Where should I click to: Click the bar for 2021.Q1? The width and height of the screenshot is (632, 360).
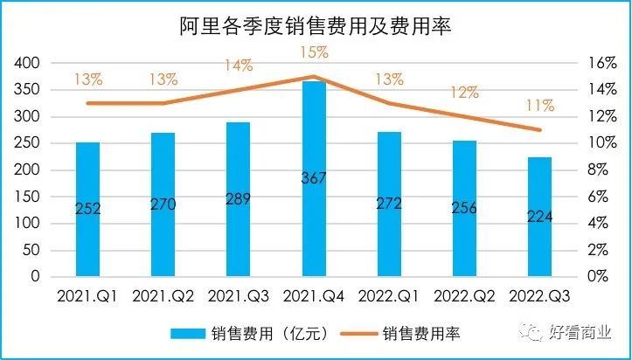pyautogui.click(x=87, y=209)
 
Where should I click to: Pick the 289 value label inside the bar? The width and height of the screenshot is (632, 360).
pyautogui.click(x=239, y=198)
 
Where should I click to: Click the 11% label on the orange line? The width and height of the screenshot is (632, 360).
pyautogui.click(x=539, y=106)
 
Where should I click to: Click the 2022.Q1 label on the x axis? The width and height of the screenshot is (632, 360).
pyautogui.click(x=389, y=297)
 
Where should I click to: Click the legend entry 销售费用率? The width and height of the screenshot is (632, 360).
pyautogui.click(x=420, y=333)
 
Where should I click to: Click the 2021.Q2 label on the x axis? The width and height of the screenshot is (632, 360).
pyautogui.click(x=163, y=297)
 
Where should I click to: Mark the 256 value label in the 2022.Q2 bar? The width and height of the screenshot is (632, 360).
pyautogui.click(x=464, y=208)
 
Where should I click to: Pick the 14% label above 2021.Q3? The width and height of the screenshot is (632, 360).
pyautogui.click(x=237, y=65)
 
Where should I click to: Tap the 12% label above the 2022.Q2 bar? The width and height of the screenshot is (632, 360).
pyautogui.click(x=464, y=93)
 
